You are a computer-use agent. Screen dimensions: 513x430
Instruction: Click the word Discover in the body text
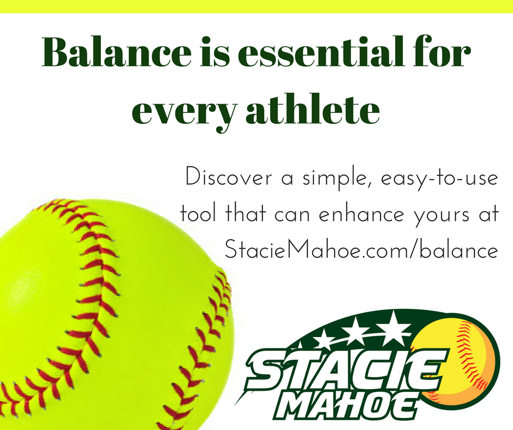click(228, 177)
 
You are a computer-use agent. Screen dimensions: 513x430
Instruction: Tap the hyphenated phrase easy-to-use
click(439, 179)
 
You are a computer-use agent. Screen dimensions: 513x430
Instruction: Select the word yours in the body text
click(442, 216)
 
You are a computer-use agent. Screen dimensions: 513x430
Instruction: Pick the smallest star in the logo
click(325, 339)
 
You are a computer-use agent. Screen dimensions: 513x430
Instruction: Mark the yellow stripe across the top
click(256, 6)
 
